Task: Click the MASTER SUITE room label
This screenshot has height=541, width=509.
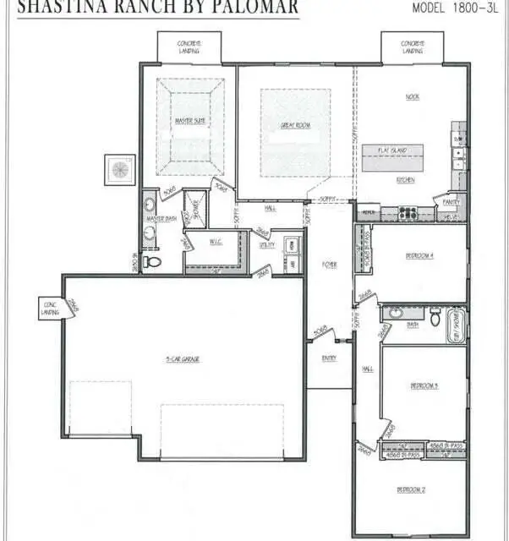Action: [x=190, y=121]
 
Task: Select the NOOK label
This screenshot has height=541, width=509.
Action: [x=412, y=96]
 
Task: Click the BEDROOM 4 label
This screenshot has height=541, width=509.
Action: [x=419, y=254]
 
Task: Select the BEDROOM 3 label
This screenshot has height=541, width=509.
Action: [x=424, y=385]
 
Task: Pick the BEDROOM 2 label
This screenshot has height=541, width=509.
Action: [x=411, y=489]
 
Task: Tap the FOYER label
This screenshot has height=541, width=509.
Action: [x=329, y=265]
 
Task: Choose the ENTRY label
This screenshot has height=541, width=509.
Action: [x=329, y=358]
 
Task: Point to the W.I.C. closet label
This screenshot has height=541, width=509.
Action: [x=216, y=242]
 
